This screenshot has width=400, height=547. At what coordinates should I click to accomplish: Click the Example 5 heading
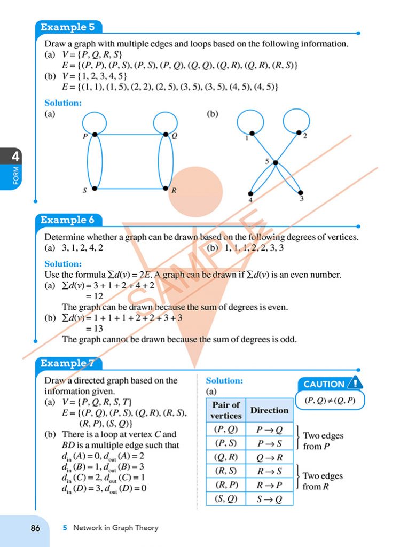(x=64, y=27)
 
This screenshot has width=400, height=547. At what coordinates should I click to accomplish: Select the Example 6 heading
(x=64, y=220)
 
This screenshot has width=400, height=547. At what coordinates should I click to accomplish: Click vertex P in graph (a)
(x=94, y=134)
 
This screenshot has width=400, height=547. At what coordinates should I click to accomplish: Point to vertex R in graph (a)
(x=166, y=189)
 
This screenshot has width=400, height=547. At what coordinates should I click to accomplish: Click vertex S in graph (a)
(x=94, y=189)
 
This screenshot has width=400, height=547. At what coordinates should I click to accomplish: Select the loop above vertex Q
(x=165, y=122)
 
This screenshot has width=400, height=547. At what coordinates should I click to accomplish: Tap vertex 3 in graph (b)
(x=301, y=193)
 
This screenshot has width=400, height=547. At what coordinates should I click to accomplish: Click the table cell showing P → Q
(x=269, y=429)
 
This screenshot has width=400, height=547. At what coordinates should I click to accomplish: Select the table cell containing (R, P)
(x=226, y=485)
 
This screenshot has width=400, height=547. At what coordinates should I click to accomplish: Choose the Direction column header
(x=269, y=410)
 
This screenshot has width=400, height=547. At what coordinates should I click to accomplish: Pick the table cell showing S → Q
(x=269, y=499)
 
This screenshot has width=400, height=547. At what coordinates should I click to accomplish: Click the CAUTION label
(x=324, y=384)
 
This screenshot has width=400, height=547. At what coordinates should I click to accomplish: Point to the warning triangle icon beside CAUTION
(x=355, y=383)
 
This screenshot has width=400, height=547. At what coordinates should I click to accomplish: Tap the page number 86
(x=35, y=528)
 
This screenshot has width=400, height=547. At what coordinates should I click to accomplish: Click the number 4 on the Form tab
(x=16, y=157)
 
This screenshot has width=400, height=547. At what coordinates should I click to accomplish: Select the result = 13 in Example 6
(x=94, y=329)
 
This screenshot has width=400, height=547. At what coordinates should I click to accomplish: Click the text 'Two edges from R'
(x=323, y=481)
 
